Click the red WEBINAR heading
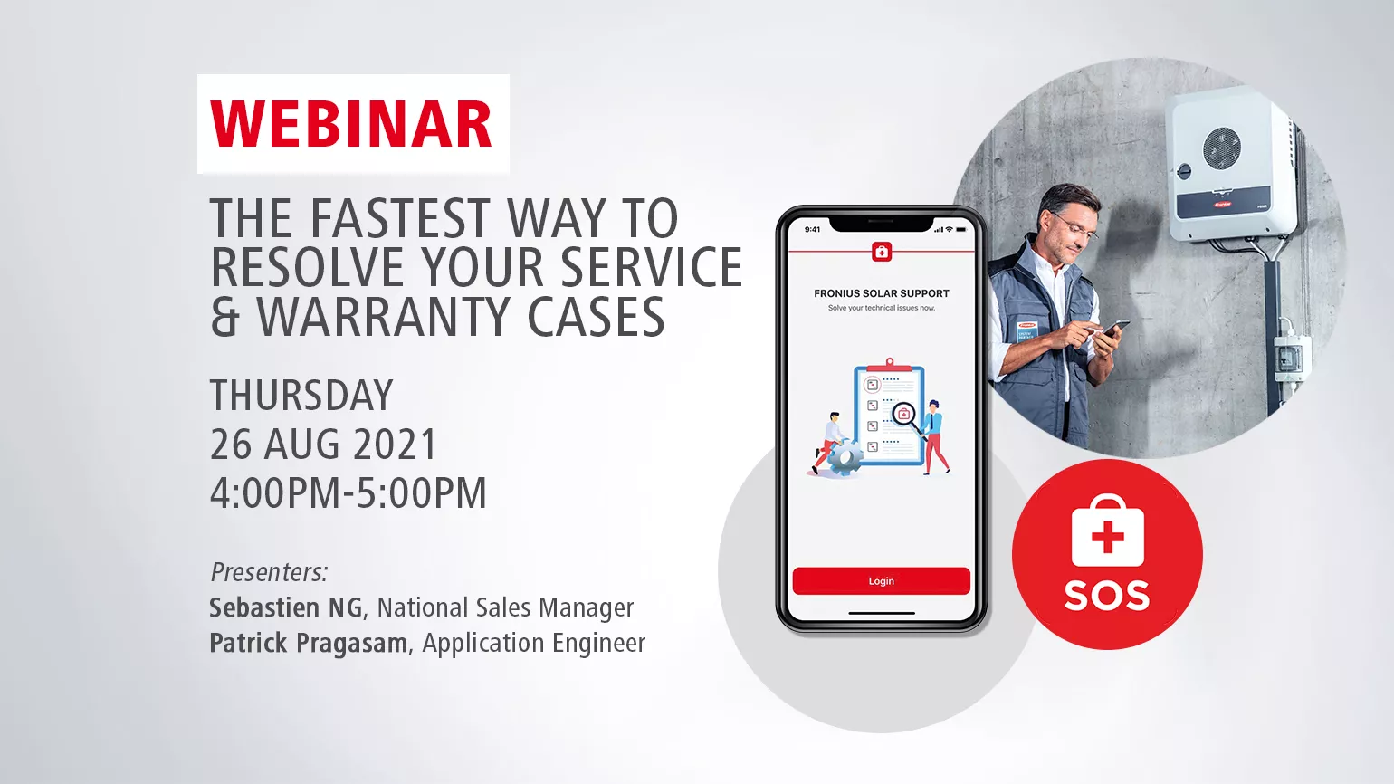[351, 124]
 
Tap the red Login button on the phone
[882, 580]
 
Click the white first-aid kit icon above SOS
[1108, 531]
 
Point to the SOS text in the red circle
[1106, 596]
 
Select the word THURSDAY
[301, 395]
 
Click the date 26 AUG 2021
[324, 444]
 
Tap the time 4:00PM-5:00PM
[348, 492]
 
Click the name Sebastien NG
[286, 607]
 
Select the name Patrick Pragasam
[309, 643]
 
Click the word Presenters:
[270, 572]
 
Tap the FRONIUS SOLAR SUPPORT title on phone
[882, 293]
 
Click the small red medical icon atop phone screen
[882, 252]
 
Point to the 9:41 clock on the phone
[812, 230]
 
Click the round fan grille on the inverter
[1222, 148]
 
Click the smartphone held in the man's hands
[1113, 328]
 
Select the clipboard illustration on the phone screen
[889, 411]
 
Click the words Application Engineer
[534, 643]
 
